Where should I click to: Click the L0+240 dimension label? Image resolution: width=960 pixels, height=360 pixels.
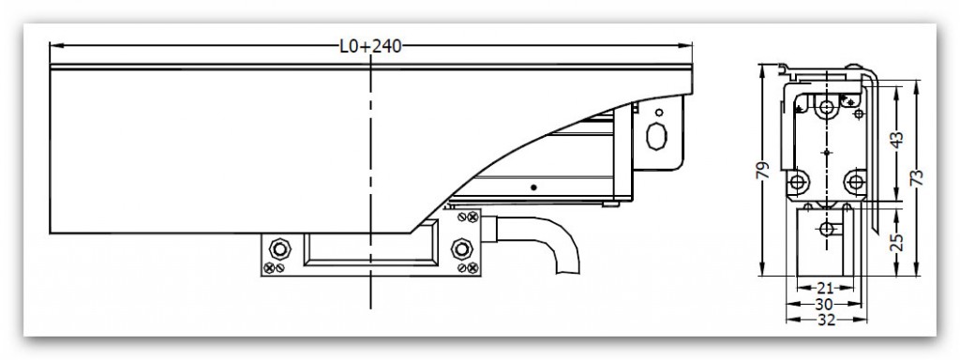(x=371, y=46)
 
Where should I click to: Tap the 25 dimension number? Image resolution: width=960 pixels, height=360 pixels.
(x=896, y=244)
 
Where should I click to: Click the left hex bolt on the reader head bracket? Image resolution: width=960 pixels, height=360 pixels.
(x=277, y=249)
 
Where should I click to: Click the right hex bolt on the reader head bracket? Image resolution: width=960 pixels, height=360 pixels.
(x=460, y=249)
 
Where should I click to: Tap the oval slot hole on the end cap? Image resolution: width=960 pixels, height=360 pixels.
(x=659, y=133)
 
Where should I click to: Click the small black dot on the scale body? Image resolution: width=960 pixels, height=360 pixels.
(x=532, y=187)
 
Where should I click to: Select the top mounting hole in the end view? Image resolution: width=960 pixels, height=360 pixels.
(x=826, y=108)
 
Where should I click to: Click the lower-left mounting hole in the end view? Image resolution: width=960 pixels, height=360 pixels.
(x=799, y=180)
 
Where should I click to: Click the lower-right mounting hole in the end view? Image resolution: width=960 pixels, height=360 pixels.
(x=853, y=180)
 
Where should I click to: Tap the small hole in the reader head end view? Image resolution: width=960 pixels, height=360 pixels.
(x=825, y=230)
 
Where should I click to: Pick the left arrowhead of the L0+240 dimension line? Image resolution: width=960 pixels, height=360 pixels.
(x=53, y=45)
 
